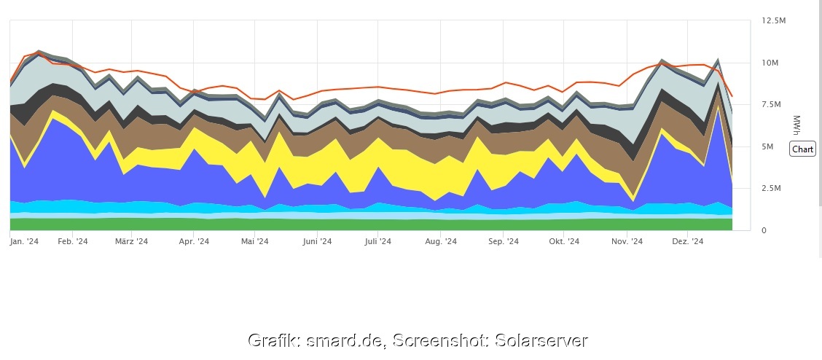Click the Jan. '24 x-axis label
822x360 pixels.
[24, 241]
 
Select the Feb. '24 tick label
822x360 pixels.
[73, 241]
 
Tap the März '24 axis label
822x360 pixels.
[132, 241]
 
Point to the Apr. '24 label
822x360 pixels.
[194, 241]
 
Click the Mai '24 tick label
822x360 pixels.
[255, 241]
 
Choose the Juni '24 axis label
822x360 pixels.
[317, 241]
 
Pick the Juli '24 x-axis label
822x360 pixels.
[378, 241]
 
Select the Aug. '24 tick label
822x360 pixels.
[441, 241]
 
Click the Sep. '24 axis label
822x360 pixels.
[503, 241]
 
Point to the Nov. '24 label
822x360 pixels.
[627, 241]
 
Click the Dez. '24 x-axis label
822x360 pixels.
[687, 241]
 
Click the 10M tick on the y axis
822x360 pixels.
[770, 63]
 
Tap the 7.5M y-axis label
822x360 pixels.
[772, 105]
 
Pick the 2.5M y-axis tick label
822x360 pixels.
[772, 189]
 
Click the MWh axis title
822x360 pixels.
[796, 125]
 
